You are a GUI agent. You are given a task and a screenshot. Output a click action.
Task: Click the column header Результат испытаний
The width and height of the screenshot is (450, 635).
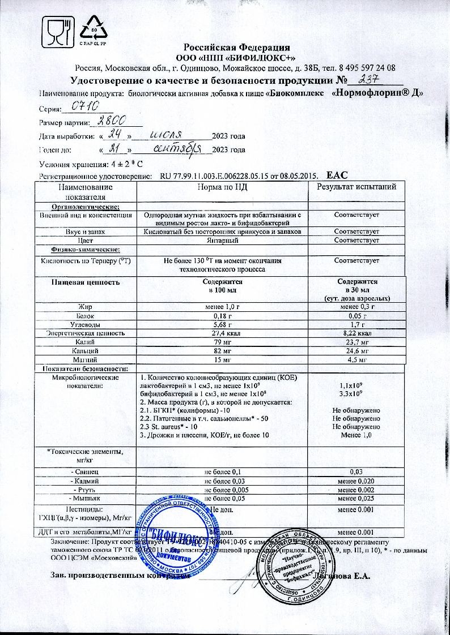[x=356, y=187]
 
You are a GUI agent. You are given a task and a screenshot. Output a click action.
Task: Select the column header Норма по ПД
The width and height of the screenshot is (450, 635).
[x=223, y=187]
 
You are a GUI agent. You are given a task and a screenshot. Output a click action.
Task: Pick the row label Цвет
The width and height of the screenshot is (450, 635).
[x=85, y=241]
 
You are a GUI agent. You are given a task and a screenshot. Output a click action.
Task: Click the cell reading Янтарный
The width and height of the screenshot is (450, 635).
[x=223, y=241]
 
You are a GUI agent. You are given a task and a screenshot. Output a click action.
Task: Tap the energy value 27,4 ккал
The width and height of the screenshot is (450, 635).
[x=223, y=334]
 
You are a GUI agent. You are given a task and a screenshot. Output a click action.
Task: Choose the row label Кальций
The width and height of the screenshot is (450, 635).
[x=85, y=351]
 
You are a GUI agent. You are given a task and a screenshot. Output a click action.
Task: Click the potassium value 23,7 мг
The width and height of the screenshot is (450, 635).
[x=356, y=342]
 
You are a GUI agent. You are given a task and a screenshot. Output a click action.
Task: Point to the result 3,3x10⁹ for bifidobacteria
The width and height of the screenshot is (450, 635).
[x=356, y=393]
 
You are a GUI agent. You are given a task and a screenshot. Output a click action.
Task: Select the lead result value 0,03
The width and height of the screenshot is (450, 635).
[x=356, y=471]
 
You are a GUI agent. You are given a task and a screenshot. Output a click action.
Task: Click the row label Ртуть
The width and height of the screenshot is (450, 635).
[x=85, y=490]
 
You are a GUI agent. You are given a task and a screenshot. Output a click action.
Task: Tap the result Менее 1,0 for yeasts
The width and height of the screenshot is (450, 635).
[x=356, y=435]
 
